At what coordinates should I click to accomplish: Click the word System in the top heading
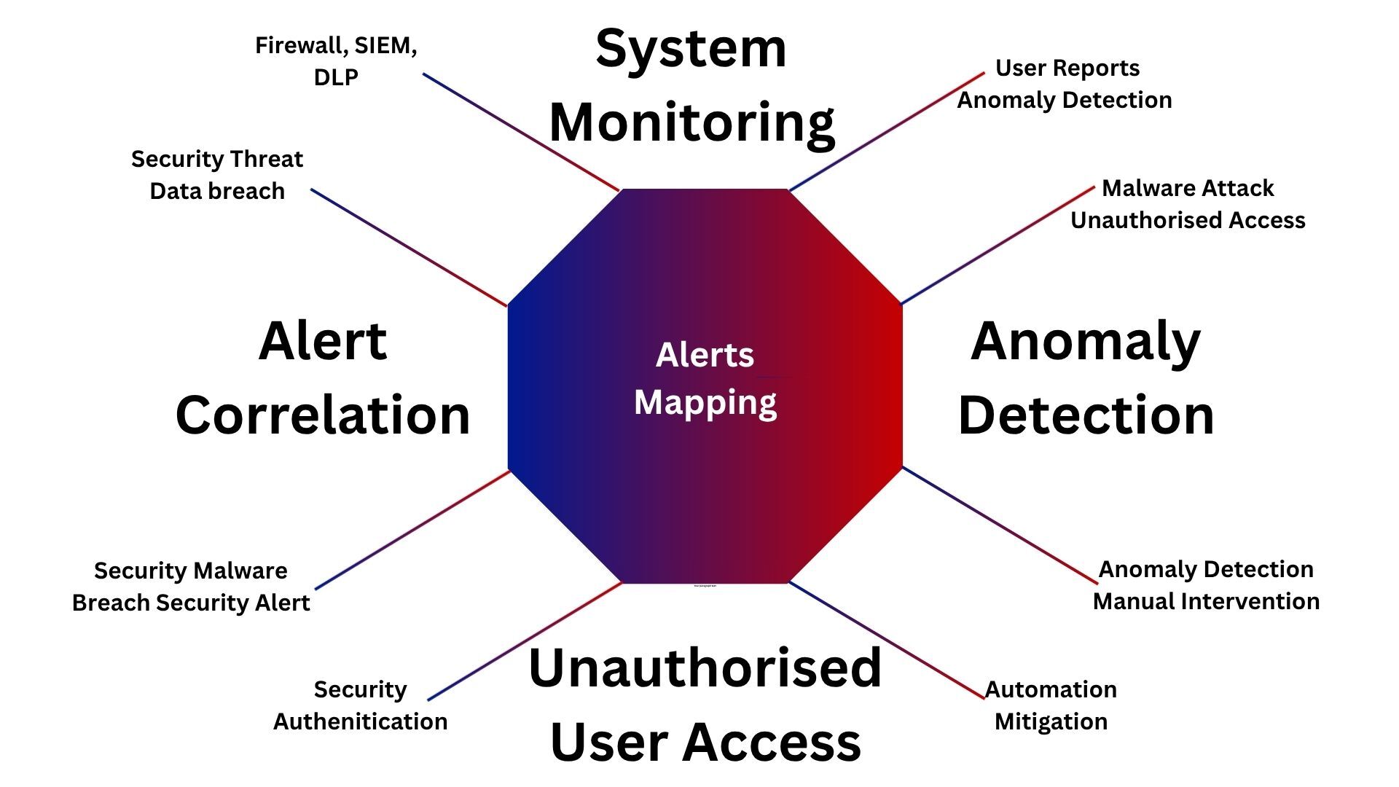[691, 50]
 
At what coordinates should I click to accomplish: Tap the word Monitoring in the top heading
[691, 122]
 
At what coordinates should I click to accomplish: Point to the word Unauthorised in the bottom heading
[705, 667]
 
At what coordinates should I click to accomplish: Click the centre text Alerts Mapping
[705, 379]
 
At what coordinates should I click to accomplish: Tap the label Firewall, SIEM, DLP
[336, 61]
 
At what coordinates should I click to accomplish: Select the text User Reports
[1067, 68]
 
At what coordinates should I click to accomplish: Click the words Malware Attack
[1188, 188]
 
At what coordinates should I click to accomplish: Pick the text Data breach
[217, 191]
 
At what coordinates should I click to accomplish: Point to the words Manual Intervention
[1206, 601]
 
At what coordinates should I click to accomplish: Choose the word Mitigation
[1051, 721]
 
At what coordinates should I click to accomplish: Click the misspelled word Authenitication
[361, 721]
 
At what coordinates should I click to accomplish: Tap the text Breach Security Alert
[191, 603]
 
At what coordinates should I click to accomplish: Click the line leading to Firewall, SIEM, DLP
[521, 132]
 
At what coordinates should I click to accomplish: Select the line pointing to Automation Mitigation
[887, 641]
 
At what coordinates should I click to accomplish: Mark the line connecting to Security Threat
[409, 248]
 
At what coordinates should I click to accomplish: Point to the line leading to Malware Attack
[998, 246]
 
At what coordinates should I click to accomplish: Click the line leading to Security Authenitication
[525, 642]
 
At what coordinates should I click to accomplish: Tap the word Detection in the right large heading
[1086, 415]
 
